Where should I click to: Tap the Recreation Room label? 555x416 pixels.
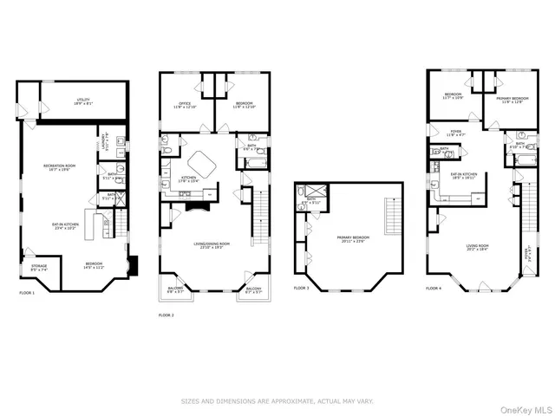point(62,167)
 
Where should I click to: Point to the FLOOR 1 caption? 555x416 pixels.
point(28,294)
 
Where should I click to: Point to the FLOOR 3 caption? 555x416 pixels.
point(301,288)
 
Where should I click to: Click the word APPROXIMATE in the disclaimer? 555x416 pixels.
point(282,401)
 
